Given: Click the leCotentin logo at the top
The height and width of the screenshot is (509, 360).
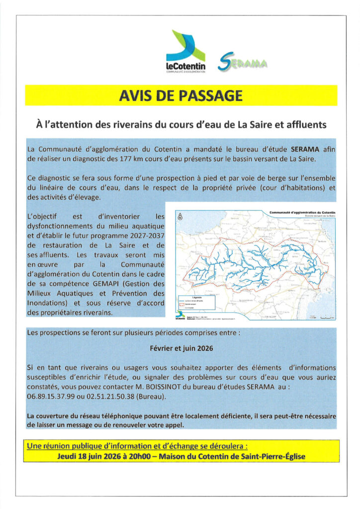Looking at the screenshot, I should click(x=185, y=53).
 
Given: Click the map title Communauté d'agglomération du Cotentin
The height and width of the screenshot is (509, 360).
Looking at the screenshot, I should click(x=302, y=212).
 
